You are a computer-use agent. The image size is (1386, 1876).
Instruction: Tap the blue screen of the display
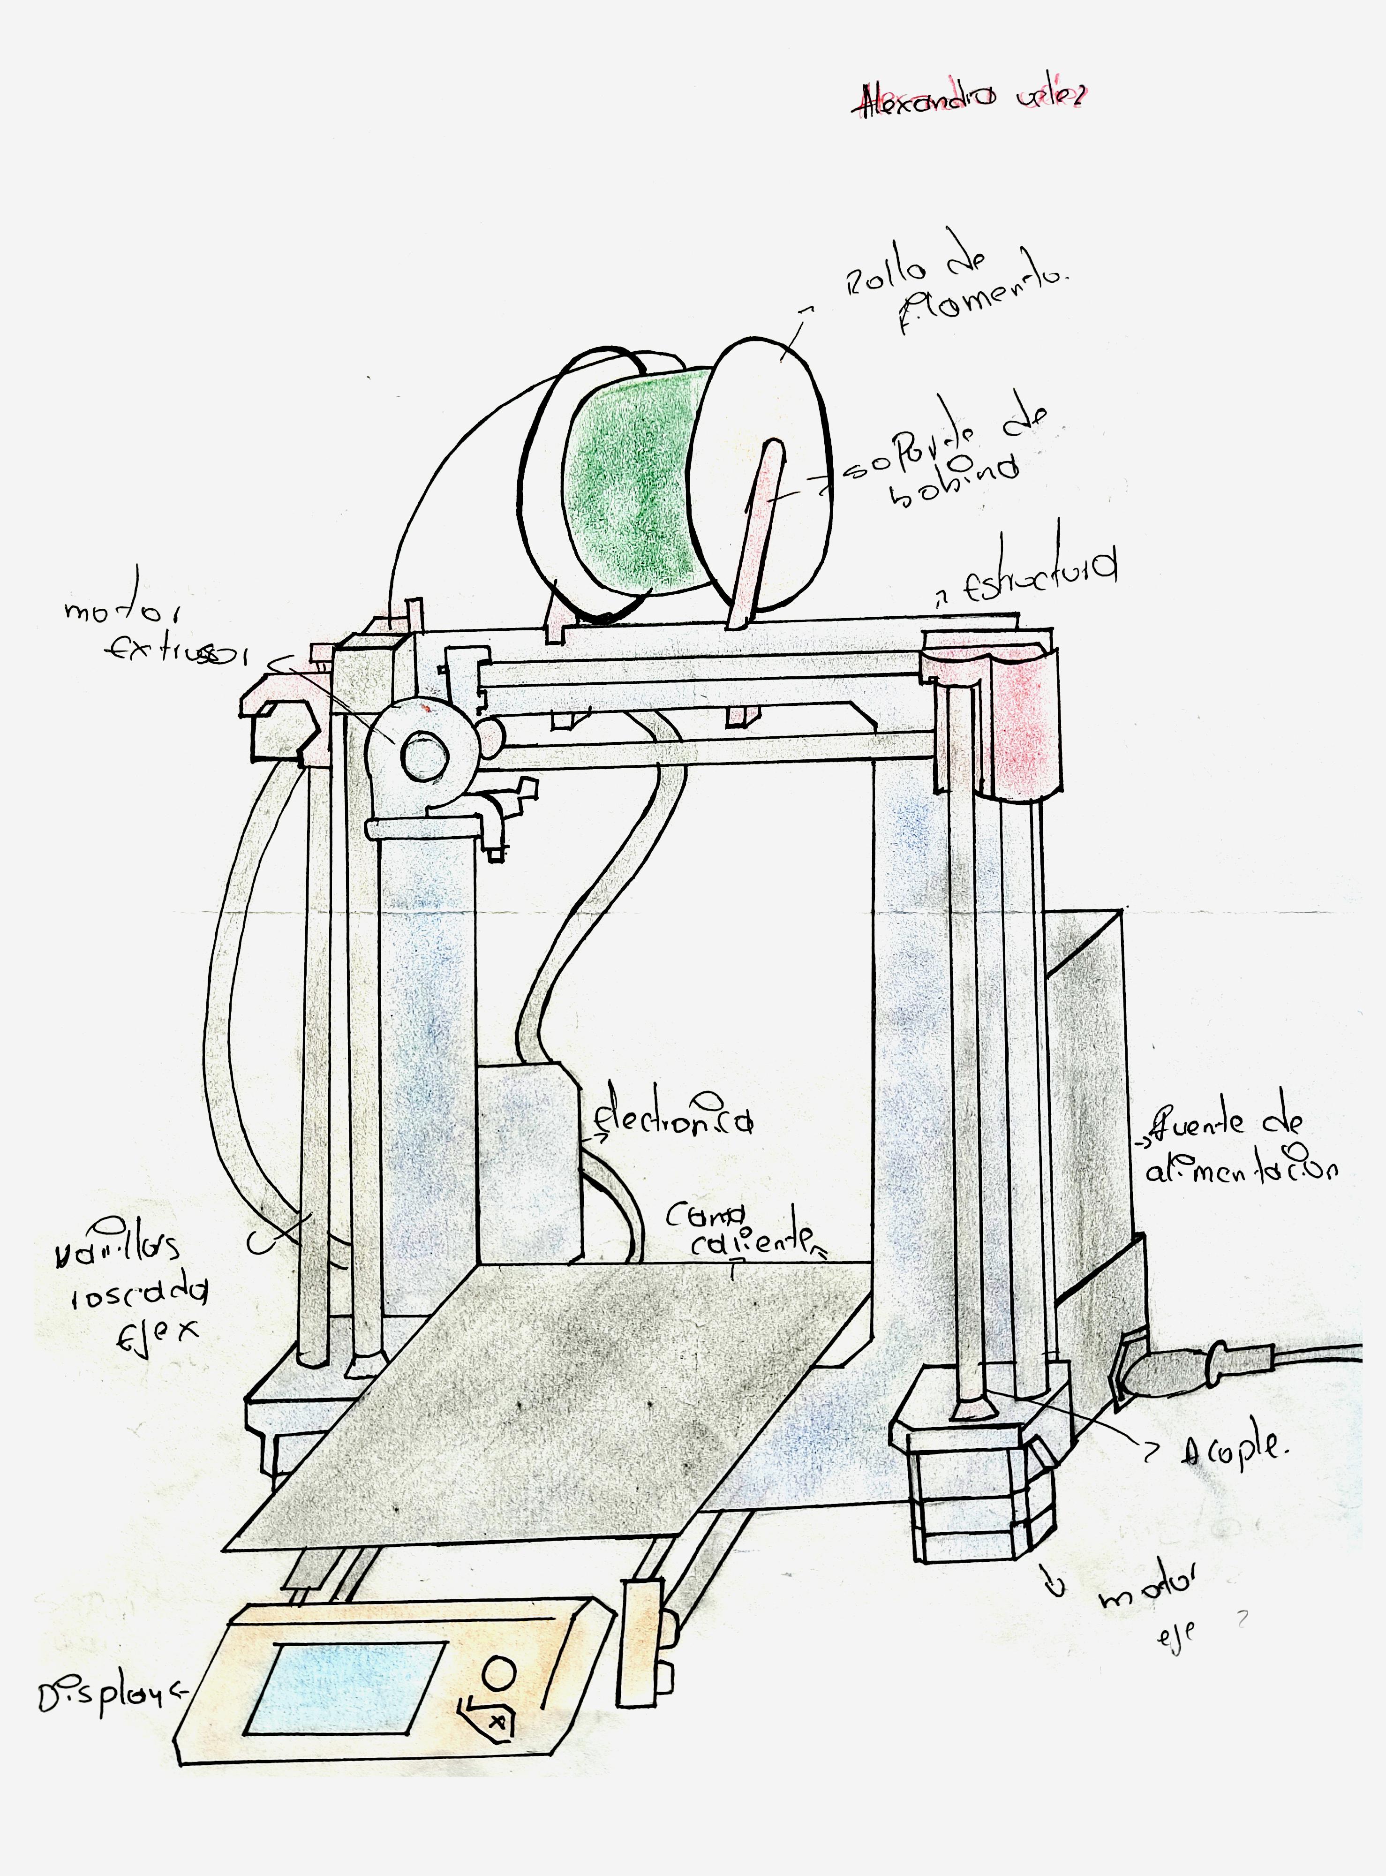(344, 1687)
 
